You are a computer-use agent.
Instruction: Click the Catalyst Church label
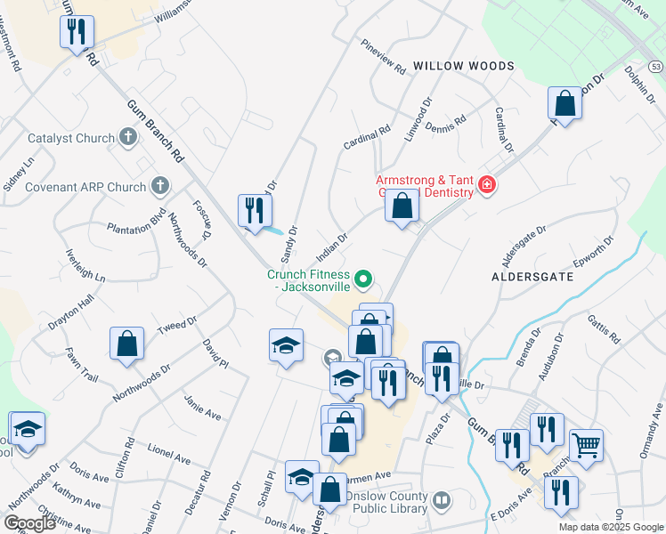pos(71,138)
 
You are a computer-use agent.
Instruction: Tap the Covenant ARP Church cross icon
pos(159,186)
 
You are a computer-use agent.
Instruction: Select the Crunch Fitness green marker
pos(363,280)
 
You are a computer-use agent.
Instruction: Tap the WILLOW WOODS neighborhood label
pos(463,66)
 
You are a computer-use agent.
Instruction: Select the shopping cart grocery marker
pos(586,444)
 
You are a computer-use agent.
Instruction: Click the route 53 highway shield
pos(656,67)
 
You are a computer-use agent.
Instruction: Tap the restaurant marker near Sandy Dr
pos(256,210)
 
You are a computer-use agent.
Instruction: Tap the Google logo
pos(29,523)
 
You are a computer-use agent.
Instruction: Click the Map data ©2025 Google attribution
pos(610,527)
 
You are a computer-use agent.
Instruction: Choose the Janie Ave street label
pos(202,408)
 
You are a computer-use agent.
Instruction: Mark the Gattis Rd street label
pos(604,328)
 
